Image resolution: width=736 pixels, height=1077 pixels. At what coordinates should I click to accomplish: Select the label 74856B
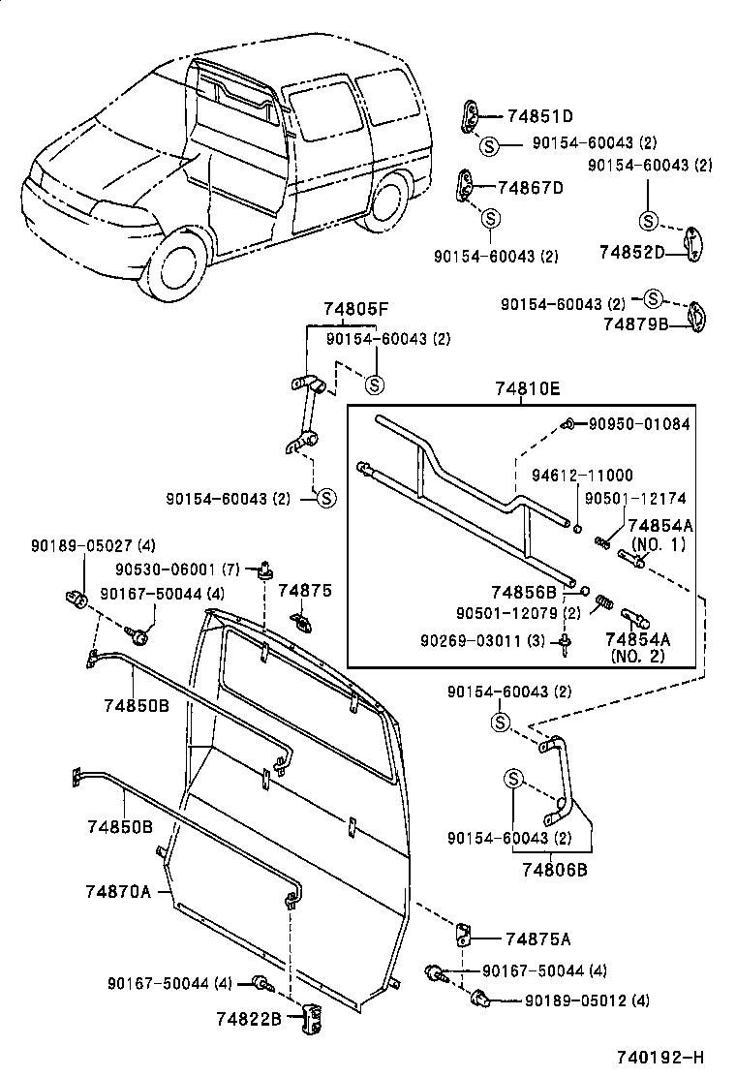(x=523, y=592)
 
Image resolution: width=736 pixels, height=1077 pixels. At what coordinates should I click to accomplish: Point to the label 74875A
(x=537, y=938)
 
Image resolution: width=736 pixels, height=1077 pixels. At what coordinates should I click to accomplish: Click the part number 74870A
(x=117, y=892)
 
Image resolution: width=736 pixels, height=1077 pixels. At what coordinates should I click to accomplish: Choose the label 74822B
(x=249, y=1018)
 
